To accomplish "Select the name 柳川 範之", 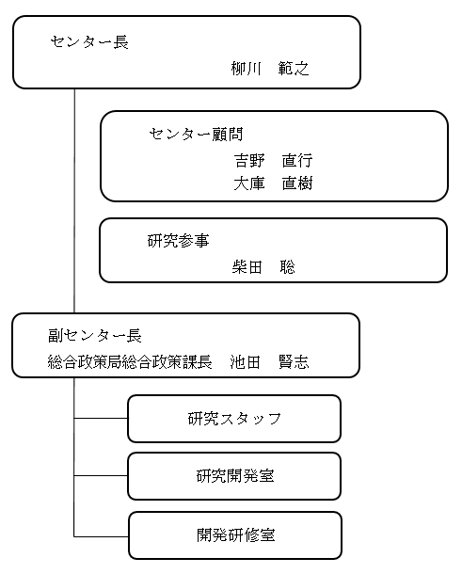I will [x=270, y=69].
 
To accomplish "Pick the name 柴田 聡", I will [x=263, y=267].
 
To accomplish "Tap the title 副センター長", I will [x=95, y=336].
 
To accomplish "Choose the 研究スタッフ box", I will [x=234, y=419].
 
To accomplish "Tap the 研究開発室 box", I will [x=234, y=476].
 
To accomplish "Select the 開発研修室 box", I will [x=234, y=534].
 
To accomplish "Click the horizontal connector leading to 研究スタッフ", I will [x=101, y=419].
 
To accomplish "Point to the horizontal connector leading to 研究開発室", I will [x=101, y=476].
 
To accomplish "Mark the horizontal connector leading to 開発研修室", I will [x=101, y=535].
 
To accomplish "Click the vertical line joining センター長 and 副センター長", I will [x=74, y=202].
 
